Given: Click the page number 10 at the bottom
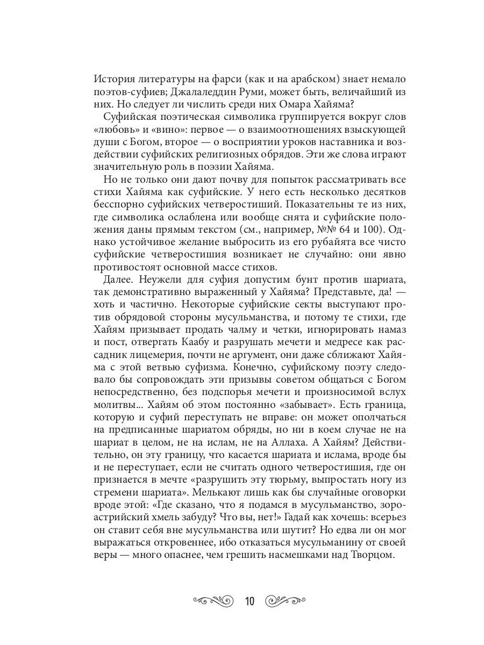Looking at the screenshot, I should (250, 600).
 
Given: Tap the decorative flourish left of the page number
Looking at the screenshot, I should (213, 600).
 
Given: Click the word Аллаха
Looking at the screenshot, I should (275, 445).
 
